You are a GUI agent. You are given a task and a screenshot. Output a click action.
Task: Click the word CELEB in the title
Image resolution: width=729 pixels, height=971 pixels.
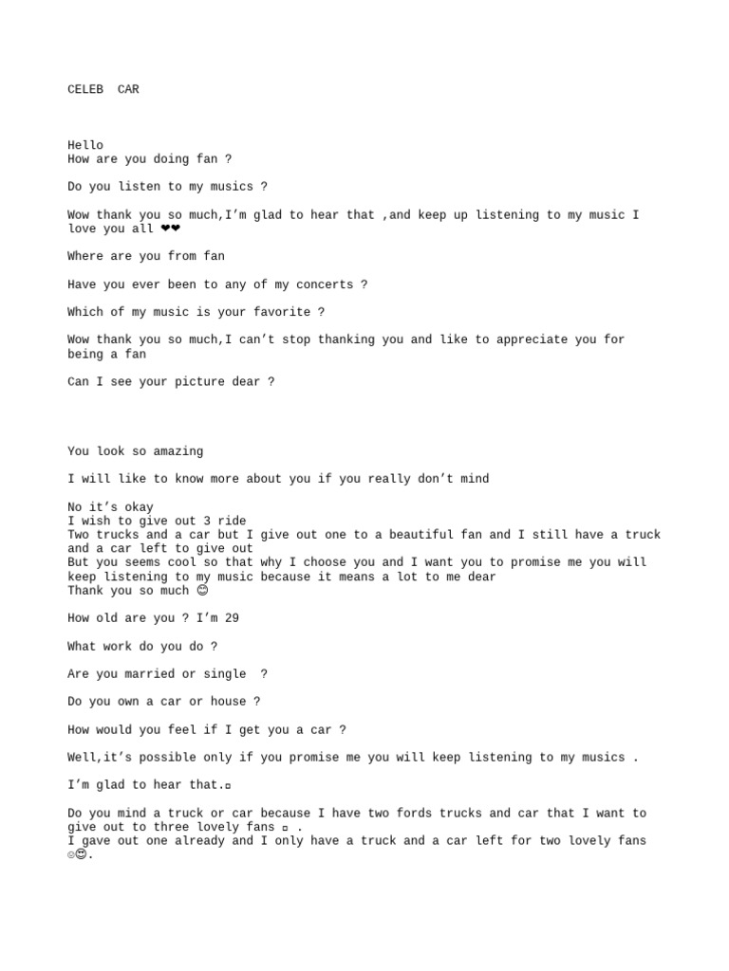pos(85,90)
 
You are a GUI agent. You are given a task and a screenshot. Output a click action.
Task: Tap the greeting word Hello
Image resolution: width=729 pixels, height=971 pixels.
pos(85,145)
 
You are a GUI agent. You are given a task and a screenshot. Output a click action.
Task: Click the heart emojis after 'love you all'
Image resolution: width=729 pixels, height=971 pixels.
pos(171,229)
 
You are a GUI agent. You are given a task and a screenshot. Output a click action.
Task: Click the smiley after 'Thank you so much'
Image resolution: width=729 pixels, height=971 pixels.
pos(201,591)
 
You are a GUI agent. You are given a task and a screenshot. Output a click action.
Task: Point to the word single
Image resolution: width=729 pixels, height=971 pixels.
pos(225,674)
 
